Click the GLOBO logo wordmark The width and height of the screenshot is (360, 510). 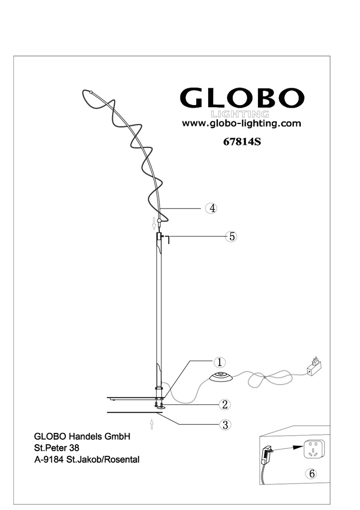(242, 98)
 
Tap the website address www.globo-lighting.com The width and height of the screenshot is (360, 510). (241, 123)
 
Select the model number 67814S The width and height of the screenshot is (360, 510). (242, 142)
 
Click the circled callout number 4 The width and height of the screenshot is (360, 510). (212, 208)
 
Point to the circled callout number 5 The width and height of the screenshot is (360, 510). (231, 237)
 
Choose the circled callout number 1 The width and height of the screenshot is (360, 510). (219, 362)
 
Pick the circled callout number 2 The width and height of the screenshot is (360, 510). (224, 404)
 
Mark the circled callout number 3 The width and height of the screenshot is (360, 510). (225, 424)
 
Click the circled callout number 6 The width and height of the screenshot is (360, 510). (312, 474)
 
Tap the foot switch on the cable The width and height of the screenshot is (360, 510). (221, 377)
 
